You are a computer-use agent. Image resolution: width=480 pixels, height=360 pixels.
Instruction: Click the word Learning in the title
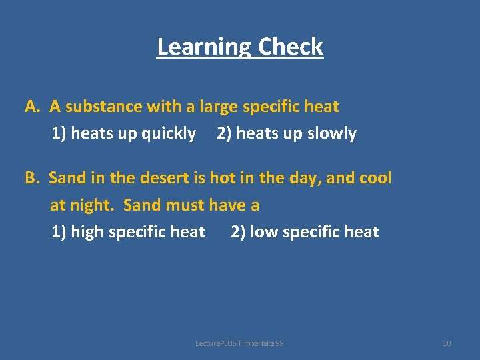click(205, 47)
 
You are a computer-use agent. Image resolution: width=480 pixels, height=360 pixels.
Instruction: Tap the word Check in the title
click(291, 47)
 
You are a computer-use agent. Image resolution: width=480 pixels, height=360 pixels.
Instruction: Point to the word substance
click(104, 107)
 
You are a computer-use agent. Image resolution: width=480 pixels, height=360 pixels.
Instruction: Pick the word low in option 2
click(264, 232)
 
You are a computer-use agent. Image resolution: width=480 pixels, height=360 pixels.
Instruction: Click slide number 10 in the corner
click(447, 343)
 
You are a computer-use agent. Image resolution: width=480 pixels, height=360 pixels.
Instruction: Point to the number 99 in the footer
click(279, 343)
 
